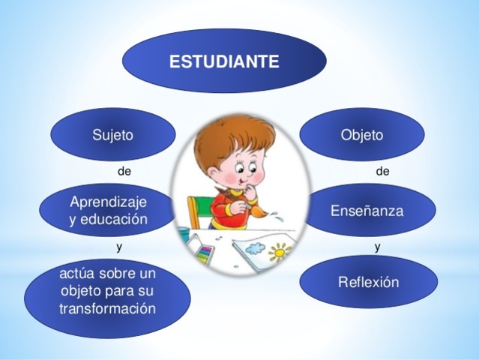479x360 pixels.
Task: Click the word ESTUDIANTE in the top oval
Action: point(224,61)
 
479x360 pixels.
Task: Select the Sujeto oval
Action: point(112,135)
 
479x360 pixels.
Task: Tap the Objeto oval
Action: point(361,135)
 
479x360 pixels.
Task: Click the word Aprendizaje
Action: point(109,202)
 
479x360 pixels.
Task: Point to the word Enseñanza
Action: point(367,211)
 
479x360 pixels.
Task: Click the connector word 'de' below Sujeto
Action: point(124,172)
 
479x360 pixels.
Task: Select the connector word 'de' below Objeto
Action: point(382,172)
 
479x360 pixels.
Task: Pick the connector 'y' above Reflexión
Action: point(378,245)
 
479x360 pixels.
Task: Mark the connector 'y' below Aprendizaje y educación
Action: point(119,245)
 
